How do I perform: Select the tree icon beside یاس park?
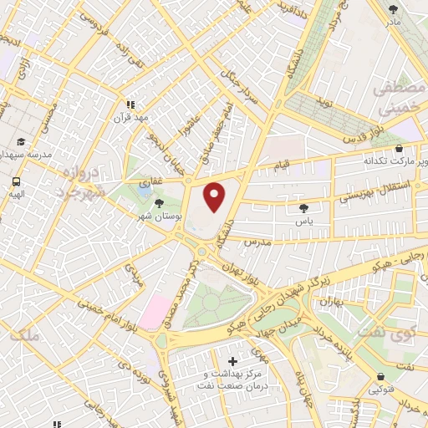coord(303,209)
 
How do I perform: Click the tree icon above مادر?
coord(394,10)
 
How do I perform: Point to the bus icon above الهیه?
coord(16,181)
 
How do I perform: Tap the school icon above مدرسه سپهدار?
coord(21,142)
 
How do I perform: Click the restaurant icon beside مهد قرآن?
coord(130,104)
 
